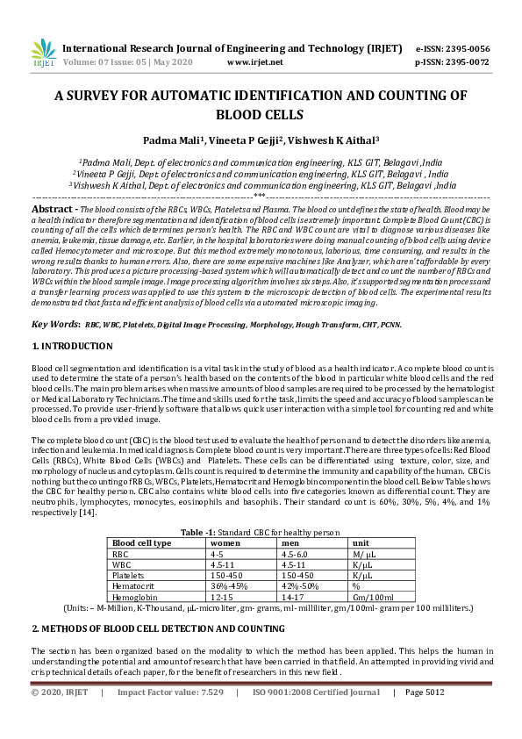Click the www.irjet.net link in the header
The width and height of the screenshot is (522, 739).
[x=254, y=62]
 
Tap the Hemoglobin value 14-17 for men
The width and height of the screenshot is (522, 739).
[x=296, y=595]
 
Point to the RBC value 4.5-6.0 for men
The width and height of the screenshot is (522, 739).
[x=299, y=553]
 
